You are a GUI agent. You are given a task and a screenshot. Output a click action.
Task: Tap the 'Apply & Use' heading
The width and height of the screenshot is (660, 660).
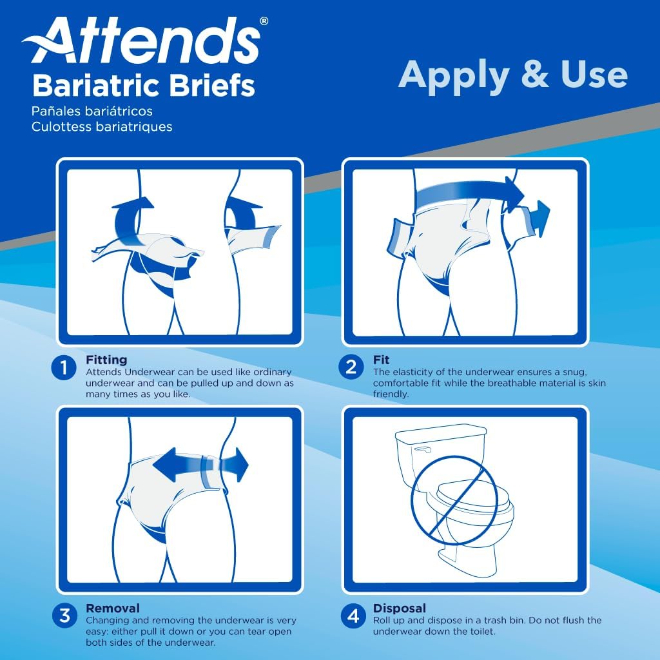[512, 75]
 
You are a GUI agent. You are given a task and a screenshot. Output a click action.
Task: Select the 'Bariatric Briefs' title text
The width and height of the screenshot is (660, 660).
[143, 85]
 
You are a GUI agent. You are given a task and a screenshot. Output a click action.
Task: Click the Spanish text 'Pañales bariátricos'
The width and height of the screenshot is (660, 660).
[92, 112]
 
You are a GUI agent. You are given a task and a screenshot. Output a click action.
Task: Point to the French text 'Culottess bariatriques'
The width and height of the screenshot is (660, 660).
[101, 126]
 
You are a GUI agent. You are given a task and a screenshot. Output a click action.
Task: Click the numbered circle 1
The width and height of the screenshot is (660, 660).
[64, 368]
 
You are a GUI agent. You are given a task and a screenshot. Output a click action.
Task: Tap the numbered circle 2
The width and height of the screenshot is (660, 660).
[351, 368]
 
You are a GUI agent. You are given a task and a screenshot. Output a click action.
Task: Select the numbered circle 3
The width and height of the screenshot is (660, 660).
[64, 616]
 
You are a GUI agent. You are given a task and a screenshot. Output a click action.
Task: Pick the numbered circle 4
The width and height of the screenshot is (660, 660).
[351, 616]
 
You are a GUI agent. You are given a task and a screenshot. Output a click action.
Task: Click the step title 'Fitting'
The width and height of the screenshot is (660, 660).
[106, 360]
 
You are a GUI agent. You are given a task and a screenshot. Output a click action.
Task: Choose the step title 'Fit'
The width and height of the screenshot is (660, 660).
[381, 360]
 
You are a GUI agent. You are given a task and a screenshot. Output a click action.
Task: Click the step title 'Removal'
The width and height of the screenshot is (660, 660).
[112, 608]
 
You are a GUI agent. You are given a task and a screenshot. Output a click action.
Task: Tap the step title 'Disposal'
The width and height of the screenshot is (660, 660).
[399, 608]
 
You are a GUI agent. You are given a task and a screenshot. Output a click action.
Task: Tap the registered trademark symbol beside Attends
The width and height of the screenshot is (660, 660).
[264, 21]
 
